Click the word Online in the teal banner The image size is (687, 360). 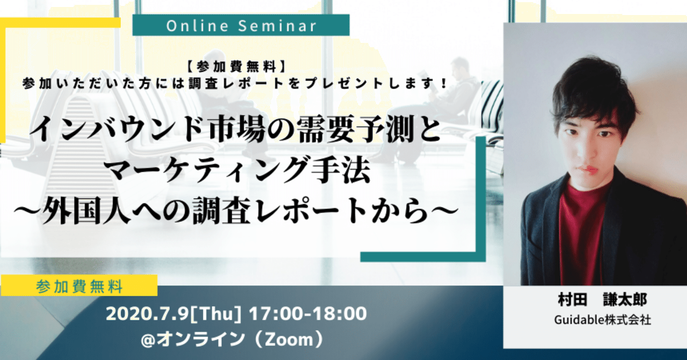point(198,26)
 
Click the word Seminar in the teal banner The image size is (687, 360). point(277,26)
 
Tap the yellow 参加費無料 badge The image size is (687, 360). point(79,286)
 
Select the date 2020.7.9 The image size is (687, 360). point(147,314)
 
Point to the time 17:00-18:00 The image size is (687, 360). point(308,314)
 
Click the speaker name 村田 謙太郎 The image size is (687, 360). point(602,299)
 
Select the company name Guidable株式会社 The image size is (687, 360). point(602,320)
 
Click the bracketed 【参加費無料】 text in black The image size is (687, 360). point(236,67)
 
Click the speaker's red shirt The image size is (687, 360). point(580,233)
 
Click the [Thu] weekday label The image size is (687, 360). point(216,314)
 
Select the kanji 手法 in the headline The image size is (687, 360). point(340,171)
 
